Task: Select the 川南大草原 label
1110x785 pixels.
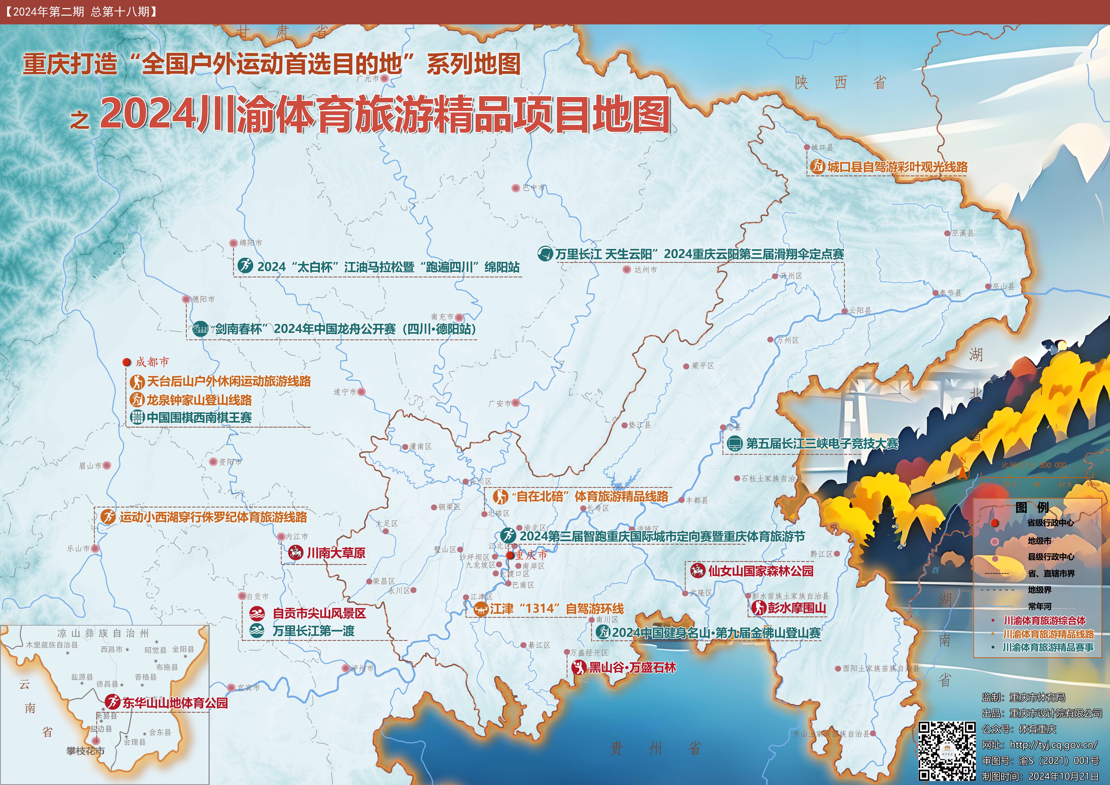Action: coord(336,553)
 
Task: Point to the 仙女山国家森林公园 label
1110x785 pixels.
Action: coord(760,571)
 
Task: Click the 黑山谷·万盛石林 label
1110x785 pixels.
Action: coord(632,668)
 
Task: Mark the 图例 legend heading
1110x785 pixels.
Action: coord(1032,507)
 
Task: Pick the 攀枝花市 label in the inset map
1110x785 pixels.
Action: coord(86,751)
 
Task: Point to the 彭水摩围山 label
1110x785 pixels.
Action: coord(797,608)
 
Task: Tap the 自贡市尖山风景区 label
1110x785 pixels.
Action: coord(319,613)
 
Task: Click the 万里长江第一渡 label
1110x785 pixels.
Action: coord(313,631)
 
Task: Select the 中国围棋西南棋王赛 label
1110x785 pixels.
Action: coord(199,417)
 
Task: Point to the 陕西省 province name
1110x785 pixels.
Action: coord(840,83)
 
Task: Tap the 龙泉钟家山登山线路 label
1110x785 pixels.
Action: coord(199,400)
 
